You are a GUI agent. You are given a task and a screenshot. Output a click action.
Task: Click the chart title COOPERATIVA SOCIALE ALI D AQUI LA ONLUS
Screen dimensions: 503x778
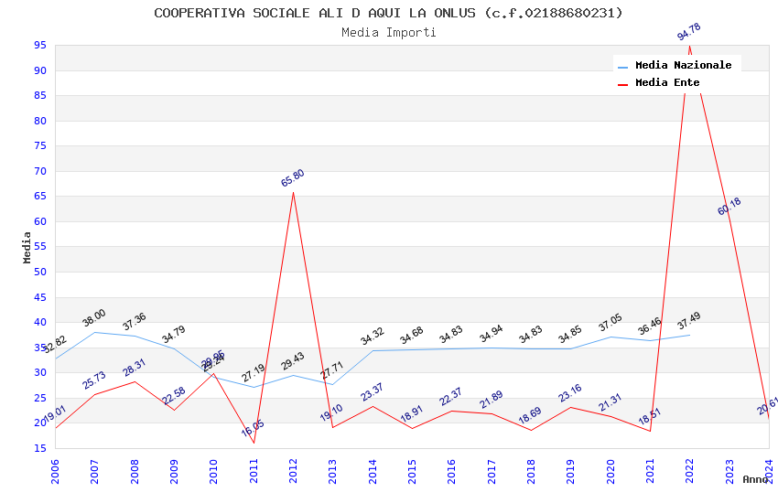click(388, 13)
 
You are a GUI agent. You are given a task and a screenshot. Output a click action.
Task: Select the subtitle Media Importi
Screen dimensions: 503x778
click(388, 33)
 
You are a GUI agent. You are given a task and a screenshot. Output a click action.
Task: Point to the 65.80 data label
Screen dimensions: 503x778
click(293, 178)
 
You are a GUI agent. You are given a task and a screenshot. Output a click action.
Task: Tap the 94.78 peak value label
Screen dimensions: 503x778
click(689, 35)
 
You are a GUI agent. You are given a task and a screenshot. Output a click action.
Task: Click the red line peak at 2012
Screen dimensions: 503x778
click(293, 192)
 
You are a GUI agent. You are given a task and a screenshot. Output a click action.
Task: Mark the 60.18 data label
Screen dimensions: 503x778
click(729, 207)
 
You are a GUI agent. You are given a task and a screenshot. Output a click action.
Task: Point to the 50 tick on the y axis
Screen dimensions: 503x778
click(40, 273)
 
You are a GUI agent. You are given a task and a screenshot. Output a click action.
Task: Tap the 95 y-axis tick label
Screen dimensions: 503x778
click(40, 46)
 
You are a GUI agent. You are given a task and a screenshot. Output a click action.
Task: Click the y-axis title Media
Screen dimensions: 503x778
click(27, 247)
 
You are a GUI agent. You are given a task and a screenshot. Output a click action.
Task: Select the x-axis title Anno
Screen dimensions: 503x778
click(755, 479)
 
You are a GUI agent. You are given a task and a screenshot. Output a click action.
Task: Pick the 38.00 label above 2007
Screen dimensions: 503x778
click(94, 318)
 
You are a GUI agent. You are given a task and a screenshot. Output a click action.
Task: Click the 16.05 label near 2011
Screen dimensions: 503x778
click(254, 428)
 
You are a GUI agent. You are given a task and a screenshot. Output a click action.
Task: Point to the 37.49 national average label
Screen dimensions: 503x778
click(689, 322)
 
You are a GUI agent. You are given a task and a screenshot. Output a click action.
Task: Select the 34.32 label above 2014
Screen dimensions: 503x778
click(373, 337)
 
